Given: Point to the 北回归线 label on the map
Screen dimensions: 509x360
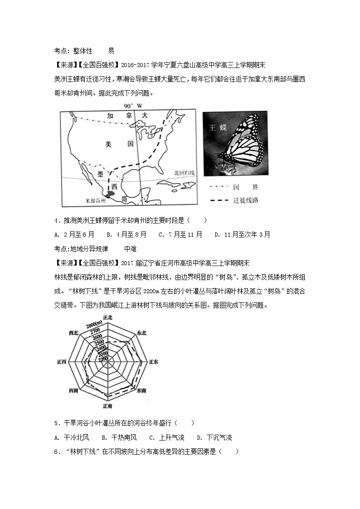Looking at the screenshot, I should coord(185,173).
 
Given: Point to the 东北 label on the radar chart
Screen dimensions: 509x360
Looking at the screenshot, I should coord(141,332).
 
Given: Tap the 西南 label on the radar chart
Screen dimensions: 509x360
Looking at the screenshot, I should coord(73,391).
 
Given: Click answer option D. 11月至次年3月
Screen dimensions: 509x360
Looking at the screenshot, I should coord(242,234).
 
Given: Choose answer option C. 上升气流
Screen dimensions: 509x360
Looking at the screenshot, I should coord(166,437).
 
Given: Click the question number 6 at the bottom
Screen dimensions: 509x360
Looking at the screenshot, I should coord(56,451).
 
